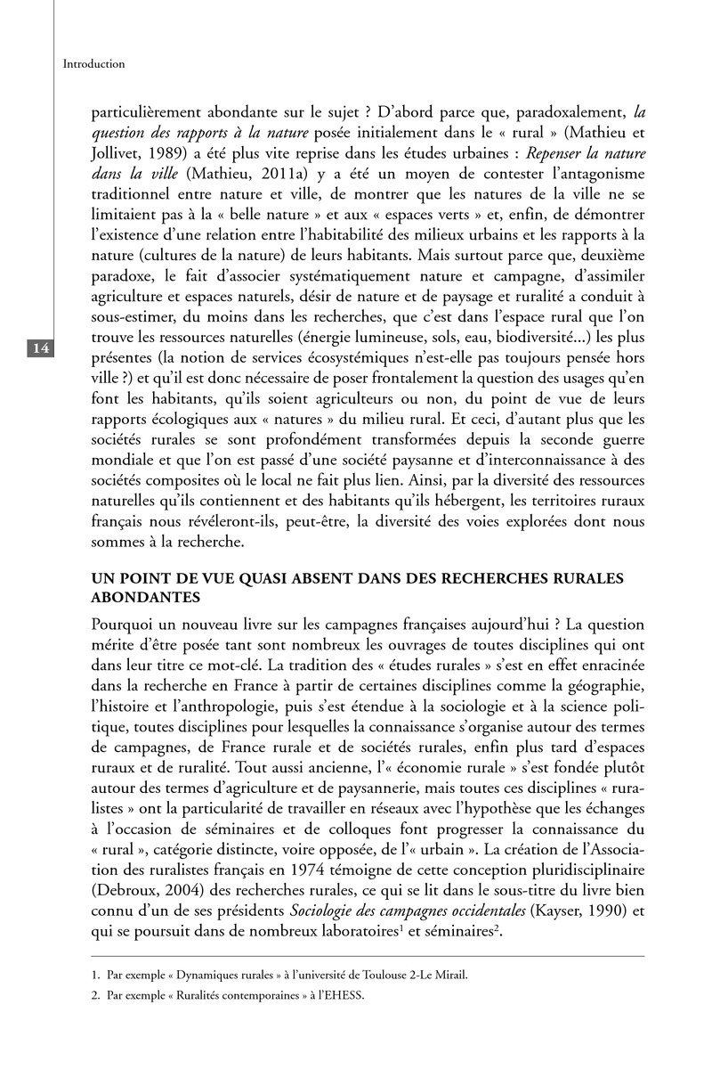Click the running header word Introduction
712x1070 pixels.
93,64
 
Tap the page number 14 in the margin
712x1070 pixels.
40,348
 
